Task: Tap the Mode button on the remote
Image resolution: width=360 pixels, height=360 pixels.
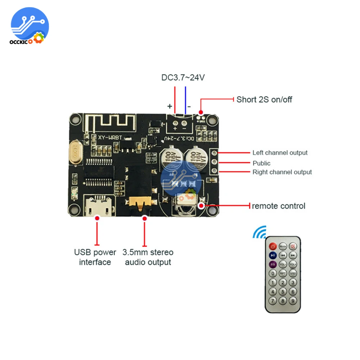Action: pos(283,247)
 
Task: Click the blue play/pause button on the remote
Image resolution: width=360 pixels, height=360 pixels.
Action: pos(273,255)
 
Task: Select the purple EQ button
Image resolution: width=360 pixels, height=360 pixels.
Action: pos(273,264)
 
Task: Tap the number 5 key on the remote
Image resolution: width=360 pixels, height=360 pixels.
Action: pos(283,292)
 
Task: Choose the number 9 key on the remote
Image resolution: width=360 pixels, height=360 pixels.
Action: pos(293,301)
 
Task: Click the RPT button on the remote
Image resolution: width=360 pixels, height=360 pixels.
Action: pos(283,274)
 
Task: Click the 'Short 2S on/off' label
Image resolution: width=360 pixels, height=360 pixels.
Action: pos(264,99)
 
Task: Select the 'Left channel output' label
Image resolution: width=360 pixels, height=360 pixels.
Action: pos(280,153)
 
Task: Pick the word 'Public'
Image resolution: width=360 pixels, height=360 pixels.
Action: pos(261,163)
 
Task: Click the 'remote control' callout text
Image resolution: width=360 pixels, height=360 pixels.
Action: pos(278,206)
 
